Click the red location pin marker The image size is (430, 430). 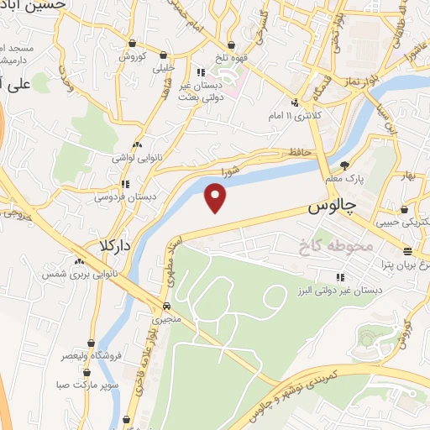217,198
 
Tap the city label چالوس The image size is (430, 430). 333,205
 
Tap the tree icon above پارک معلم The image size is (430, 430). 344,165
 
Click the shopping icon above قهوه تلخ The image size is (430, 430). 231,45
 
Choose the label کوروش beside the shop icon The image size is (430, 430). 133,56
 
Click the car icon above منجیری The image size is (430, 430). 166,306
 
